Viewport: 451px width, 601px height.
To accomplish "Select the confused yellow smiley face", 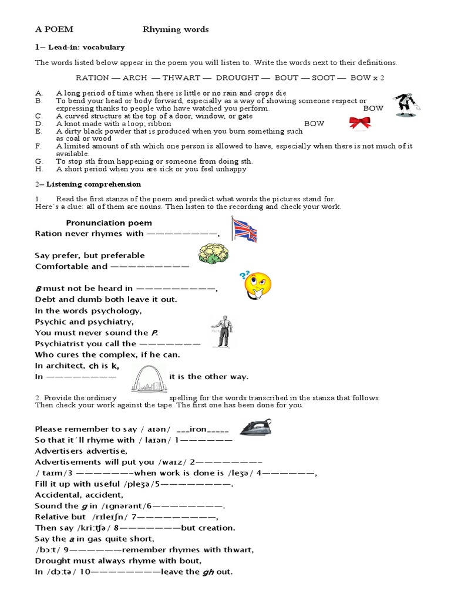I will [257, 285].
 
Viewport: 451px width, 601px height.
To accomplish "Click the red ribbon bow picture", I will [359, 122].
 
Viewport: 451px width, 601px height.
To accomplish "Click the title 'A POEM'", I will [54, 29].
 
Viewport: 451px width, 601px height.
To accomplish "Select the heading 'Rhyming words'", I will [176, 29].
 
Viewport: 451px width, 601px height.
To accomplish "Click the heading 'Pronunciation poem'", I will [109, 223].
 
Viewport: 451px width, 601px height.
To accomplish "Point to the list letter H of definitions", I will [38, 169].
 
